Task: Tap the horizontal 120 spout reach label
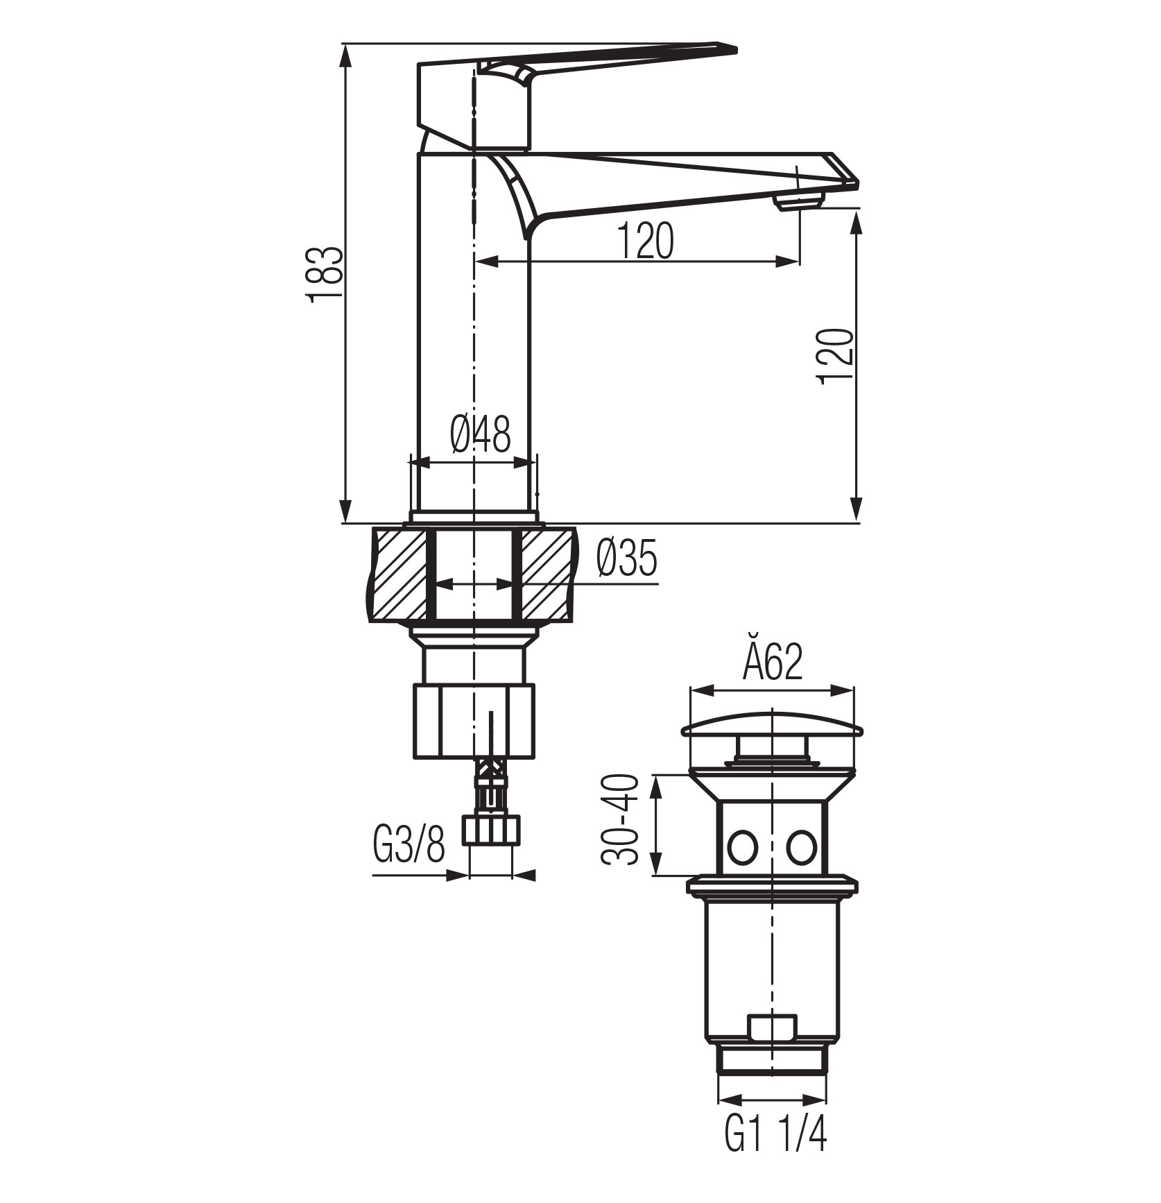[644, 240]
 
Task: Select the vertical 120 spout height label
[834, 355]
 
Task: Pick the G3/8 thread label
[409, 842]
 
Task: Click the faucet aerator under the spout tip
[799, 202]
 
